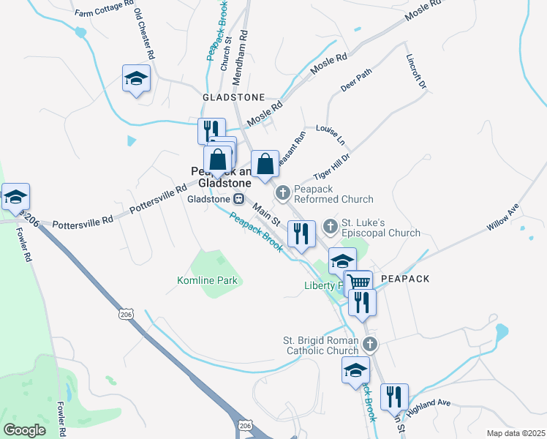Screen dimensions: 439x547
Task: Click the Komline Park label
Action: (208, 280)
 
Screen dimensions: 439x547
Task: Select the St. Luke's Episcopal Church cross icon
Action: (331, 227)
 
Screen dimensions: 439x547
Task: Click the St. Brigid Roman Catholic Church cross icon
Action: (370, 344)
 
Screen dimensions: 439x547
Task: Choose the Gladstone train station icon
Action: (238, 199)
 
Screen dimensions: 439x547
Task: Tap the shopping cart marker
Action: (358, 282)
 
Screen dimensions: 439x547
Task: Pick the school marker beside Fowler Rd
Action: (15, 197)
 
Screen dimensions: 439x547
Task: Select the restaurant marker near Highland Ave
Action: (394, 397)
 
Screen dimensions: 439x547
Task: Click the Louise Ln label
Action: (330, 134)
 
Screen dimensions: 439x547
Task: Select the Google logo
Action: (25, 430)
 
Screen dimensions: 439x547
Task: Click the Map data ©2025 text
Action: (515, 433)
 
